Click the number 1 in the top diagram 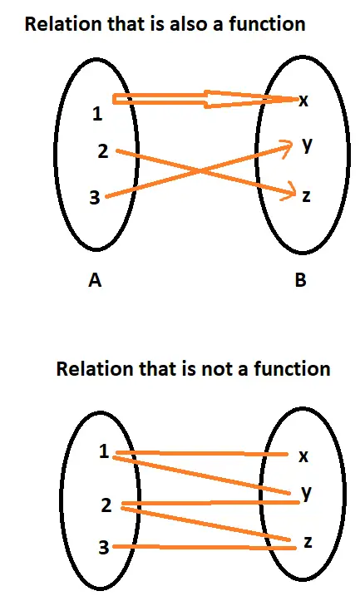(x=98, y=114)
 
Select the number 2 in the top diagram (x=103, y=151)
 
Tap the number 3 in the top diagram (x=94, y=197)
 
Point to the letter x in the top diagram (x=303, y=101)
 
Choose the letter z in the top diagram (x=306, y=196)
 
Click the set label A (x=95, y=280)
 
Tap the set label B (x=300, y=280)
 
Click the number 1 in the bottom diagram (x=104, y=451)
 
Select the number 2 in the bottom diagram (x=106, y=505)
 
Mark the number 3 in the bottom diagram (x=104, y=547)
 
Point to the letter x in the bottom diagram (x=303, y=456)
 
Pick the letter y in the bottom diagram (x=307, y=493)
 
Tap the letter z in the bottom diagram (x=308, y=542)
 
